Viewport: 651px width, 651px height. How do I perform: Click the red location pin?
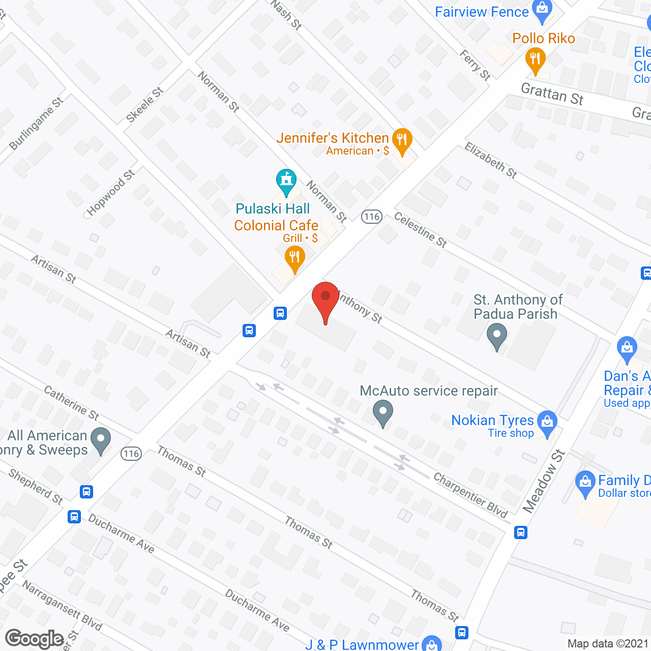pos(325,301)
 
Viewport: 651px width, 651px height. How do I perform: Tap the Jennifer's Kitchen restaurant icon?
pos(402,141)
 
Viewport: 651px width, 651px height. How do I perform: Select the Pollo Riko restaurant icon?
pos(535,60)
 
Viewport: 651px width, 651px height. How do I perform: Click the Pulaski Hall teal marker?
pos(286,182)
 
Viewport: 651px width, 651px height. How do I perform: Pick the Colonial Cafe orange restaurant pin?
pos(294,258)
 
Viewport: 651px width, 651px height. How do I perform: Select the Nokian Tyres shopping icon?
pos(547,423)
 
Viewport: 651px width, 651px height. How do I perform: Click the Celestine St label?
pos(421,230)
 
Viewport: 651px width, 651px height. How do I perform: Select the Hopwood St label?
pos(110,193)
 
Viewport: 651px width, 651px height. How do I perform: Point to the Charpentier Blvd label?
pos(470,495)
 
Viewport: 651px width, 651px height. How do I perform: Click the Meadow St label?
pos(544,481)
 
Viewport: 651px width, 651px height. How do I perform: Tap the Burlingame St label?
pos(36,124)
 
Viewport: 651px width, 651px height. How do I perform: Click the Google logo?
pos(35,639)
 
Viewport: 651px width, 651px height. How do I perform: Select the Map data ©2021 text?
pos(608,643)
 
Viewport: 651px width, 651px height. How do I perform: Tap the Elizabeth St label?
pos(490,160)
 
